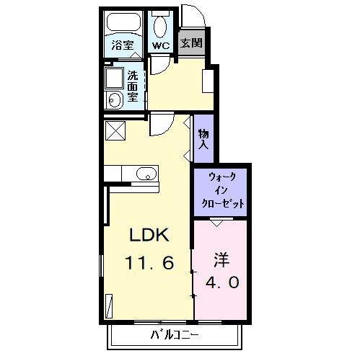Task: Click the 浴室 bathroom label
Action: [123, 45]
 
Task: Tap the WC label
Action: [161, 45]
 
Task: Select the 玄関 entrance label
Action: [191, 43]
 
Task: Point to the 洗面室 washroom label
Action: [133, 86]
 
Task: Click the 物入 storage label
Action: [203, 140]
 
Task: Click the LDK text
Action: [149, 235]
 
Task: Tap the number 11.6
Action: [149, 262]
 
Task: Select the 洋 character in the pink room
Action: [221, 260]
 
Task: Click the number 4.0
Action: [222, 282]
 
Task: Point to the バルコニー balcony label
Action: [175, 335]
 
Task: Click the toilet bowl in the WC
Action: [160, 27]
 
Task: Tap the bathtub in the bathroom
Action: [123, 22]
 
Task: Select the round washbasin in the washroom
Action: [114, 99]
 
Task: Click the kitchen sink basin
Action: [146, 174]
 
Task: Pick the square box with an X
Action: [115, 130]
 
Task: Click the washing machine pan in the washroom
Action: [114, 79]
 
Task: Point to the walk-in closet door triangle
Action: [217, 223]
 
